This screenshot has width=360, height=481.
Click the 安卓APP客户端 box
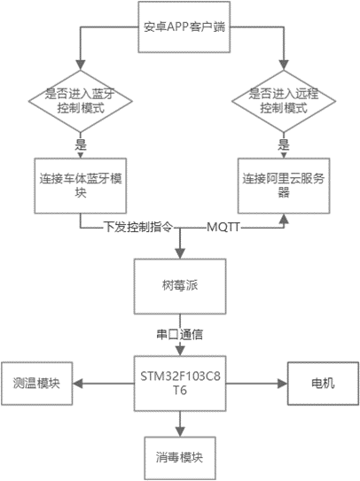pyautogui.click(x=184, y=27)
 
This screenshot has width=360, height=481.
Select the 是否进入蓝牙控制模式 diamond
pyautogui.click(x=81, y=101)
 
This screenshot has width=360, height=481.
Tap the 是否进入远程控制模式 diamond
pyautogui.click(x=284, y=101)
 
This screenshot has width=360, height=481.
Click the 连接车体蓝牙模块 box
pyautogui.click(x=81, y=186)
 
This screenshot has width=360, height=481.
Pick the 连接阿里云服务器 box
pyautogui.click(x=284, y=186)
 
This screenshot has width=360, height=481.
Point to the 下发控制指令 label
pyautogui.click(x=138, y=228)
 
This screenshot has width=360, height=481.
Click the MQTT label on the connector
pyautogui.click(x=223, y=228)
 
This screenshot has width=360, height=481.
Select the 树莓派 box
pyautogui.click(x=180, y=286)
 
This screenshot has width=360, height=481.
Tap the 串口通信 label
pyautogui.click(x=180, y=334)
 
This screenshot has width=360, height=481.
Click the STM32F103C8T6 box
pyautogui.click(x=180, y=384)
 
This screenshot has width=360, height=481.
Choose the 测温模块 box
pyautogui.click(x=37, y=384)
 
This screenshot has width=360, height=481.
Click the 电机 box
pyautogui.click(x=323, y=384)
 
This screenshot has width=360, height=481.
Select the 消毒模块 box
pyautogui.click(x=180, y=458)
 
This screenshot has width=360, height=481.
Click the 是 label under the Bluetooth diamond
pyautogui.click(x=81, y=144)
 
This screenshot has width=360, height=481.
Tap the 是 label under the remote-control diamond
pyautogui.click(x=284, y=144)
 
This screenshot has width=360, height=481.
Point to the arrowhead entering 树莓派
pyautogui.click(x=180, y=253)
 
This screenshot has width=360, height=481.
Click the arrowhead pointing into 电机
pyautogui.click(x=282, y=384)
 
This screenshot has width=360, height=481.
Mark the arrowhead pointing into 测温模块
pyautogui.click(x=78, y=384)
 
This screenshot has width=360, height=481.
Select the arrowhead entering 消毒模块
pyautogui.click(x=180, y=431)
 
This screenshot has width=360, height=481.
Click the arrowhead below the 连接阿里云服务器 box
pyautogui.click(x=284, y=219)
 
